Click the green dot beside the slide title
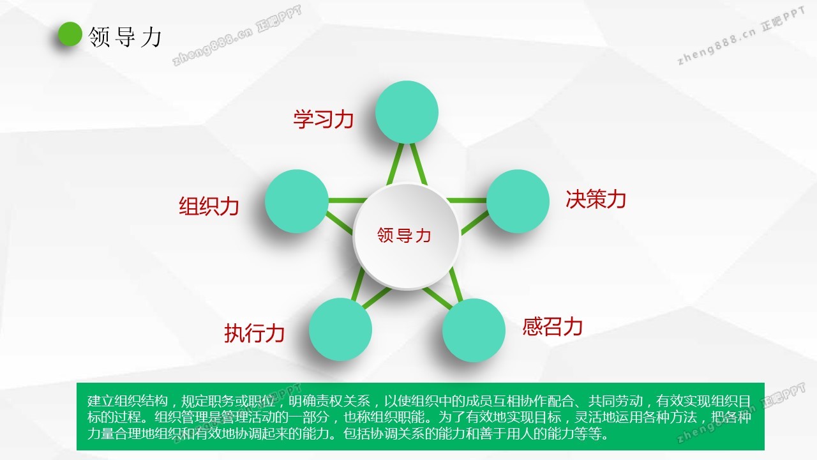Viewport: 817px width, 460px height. click(70, 34)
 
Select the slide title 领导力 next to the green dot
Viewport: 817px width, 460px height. click(124, 37)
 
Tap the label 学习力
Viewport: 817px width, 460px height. click(324, 119)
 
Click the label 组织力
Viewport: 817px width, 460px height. click(209, 206)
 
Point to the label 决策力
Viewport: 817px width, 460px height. click(596, 199)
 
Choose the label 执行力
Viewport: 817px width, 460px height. click(255, 333)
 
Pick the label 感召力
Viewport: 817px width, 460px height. click(553, 326)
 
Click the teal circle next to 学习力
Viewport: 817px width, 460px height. click(407, 112)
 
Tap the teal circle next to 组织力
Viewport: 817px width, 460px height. click(297, 201)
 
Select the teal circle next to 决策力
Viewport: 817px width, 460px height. click(518, 201)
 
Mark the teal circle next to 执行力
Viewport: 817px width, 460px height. click(340, 329)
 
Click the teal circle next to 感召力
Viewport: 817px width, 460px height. click(474, 330)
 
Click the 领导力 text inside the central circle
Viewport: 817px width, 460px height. click(404, 235)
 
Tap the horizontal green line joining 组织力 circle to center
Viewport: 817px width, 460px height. click(347, 201)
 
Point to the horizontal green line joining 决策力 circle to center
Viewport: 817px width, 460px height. click(467, 201)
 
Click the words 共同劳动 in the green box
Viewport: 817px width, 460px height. click(616, 401)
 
